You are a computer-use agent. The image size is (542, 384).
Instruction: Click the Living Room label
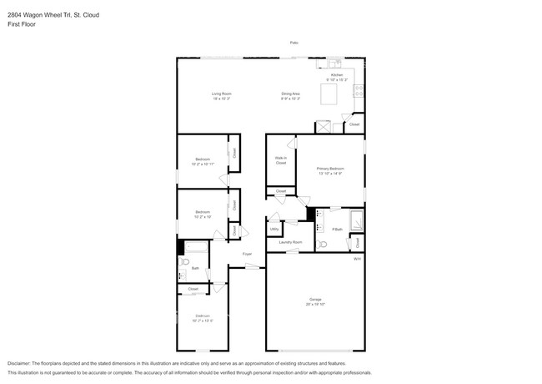(220, 95)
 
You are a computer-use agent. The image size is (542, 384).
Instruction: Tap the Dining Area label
(290, 95)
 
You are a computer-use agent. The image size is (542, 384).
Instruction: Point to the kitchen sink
(334, 63)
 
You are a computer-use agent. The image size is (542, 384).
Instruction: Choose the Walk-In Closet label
(281, 160)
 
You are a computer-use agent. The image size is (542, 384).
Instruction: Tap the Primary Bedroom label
(330, 170)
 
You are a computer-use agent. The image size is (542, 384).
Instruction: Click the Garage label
(315, 300)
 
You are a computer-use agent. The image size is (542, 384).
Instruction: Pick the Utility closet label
(274, 228)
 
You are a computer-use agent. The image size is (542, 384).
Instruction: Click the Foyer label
(247, 253)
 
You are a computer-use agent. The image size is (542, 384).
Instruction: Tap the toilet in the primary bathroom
(322, 244)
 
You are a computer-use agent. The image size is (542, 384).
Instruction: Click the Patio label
(294, 42)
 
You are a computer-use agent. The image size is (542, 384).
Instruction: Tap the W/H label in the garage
(357, 259)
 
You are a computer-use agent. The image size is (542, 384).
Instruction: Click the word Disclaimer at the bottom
(18, 364)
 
